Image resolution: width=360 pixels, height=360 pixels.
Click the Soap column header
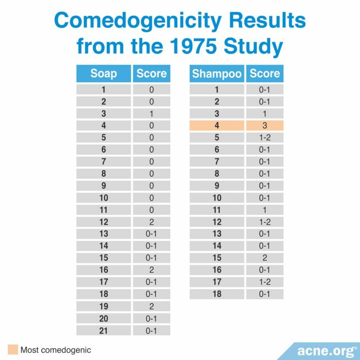[104, 74]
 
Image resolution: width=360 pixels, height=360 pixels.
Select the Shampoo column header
[217, 74]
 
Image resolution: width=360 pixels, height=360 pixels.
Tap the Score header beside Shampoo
[264, 74]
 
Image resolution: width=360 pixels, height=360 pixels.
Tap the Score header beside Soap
[151, 74]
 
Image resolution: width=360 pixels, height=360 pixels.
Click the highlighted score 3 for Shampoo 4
[264, 126]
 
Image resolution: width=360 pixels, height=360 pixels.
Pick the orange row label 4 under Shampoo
[217, 126]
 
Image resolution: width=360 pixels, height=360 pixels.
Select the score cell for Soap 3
[151, 113]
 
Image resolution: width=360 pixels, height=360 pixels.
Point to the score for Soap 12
[151, 222]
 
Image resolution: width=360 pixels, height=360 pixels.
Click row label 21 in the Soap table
[104, 330]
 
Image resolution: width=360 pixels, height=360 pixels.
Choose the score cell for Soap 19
[151, 306]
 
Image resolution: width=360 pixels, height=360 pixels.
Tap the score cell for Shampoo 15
[264, 258]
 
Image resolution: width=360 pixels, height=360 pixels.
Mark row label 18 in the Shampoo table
[217, 294]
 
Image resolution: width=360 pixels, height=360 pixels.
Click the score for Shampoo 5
[264, 138]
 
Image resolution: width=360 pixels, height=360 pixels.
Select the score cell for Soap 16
[151, 270]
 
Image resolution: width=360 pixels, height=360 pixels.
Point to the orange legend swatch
[13, 349]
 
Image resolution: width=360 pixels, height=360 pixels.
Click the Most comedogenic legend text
[55, 350]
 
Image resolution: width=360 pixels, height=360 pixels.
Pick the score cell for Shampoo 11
[264, 210]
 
